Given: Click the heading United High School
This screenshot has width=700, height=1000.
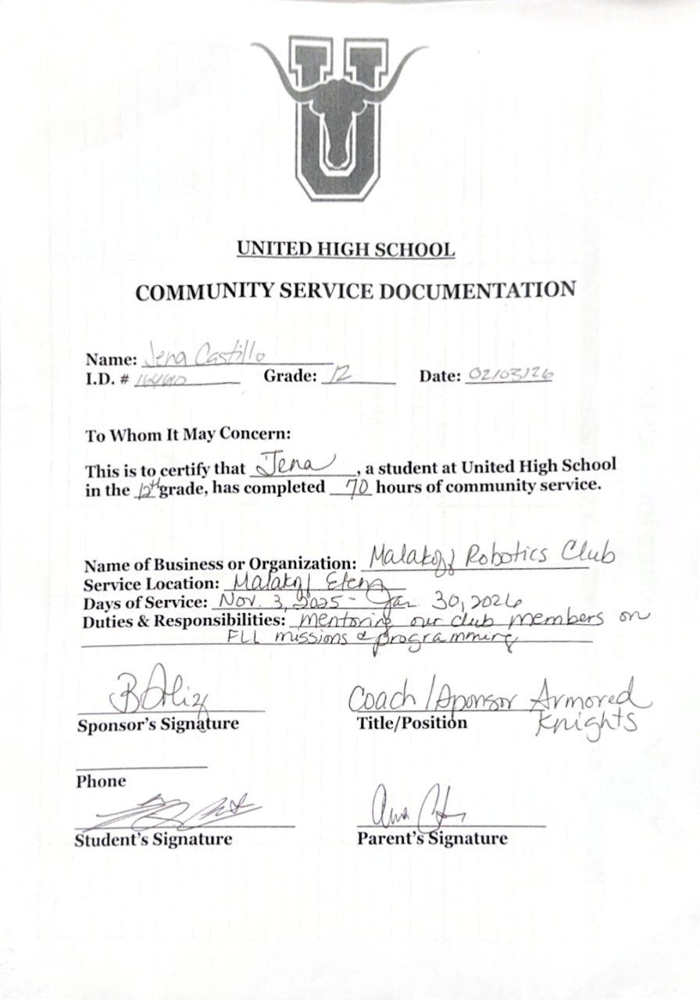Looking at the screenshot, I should (345, 250).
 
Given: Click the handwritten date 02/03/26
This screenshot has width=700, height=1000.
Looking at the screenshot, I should (509, 374).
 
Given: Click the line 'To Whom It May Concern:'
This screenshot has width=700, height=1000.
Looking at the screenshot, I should (187, 434).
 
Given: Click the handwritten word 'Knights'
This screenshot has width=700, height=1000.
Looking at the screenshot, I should (585, 725).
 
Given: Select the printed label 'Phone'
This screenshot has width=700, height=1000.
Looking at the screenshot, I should (101, 781).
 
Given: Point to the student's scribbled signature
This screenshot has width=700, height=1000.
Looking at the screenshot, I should (191, 812).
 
